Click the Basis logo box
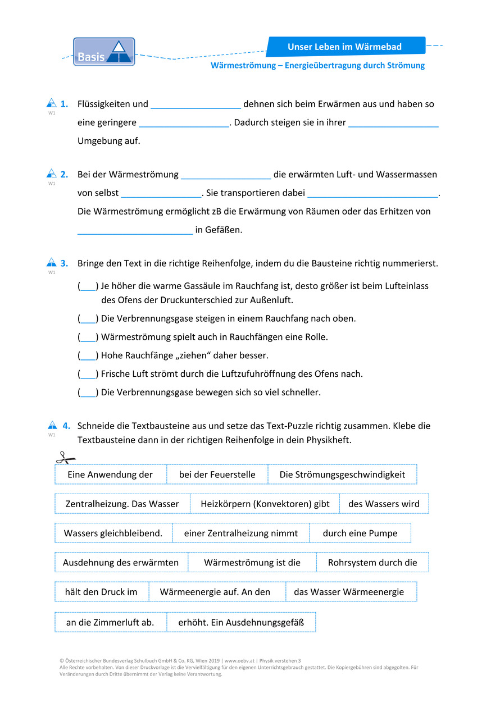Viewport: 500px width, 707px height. pyautogui.click(x=104, y=52)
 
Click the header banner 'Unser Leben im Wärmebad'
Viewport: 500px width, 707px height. pyautogui.click(x=345, y=47)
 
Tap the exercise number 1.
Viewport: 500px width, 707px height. pyautogui.click(x=65, y=104)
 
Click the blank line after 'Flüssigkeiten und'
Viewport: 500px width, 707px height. pyautogui.click(x=196, y=105)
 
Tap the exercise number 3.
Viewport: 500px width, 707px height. pyautogui.click(x=65, y=263)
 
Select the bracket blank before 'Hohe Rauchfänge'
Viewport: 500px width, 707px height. pyautogui.click(x=88, y=356)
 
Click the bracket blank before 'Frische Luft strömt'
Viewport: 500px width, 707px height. pyautogui.click(x=88, y=375)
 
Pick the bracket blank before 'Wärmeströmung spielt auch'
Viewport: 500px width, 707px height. pyautogui.click(x=88, y=337)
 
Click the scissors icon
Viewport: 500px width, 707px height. pyautogui.click(x=65, y=458)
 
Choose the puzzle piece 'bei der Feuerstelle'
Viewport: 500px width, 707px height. pyautogui.click(x=217, y=475)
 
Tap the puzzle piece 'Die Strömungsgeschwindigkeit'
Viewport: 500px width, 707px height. pyautogui.click(x=342, y=475)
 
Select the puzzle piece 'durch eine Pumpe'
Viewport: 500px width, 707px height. pyautogui.click(x=360, y=533)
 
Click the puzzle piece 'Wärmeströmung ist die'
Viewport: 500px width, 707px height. pyautogui.click(x=252, y=563)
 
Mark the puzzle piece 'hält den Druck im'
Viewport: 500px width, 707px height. pyautogui.click(x=101, y=592)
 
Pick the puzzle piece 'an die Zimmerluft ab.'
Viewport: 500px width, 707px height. pyautogui.click(x=110, y=622)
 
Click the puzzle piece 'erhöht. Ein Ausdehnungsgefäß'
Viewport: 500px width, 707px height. pyautogui.click(x=241, y=622)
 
